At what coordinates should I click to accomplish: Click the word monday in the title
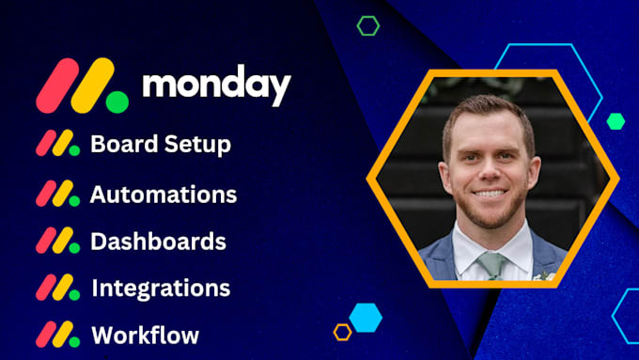[x=216, y=86]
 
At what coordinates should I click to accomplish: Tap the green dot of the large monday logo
[x=117, y=101]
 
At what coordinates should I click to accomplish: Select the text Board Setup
[x=161, y=145]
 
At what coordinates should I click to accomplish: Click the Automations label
[x=164, y=195]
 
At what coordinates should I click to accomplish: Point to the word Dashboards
[x=158, y=241]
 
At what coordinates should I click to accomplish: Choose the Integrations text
[x=161, y=288]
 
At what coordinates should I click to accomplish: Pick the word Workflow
[x=145, y=335]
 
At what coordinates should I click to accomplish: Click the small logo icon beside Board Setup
[x=57, y=144]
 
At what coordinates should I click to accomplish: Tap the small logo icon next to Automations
[x=57, y=194]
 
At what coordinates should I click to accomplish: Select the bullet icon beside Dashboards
[x=57, y=241]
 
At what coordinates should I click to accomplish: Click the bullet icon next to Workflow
[x=57, y=335]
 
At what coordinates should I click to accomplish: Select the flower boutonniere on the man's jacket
[x=543, y=275]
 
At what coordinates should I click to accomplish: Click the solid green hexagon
[x=616, y=120]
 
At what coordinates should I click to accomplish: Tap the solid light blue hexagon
[x=366, y=316]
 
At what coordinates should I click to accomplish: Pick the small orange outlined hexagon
[x=343, y=332]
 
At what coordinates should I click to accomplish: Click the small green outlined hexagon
[x=368, y=25]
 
